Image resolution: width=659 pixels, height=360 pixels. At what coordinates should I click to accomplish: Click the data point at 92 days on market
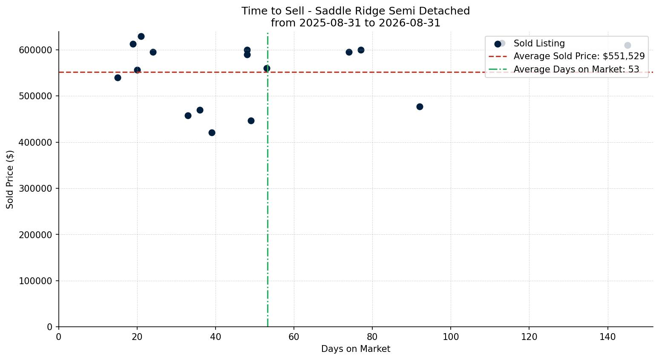click(x=420, y=107)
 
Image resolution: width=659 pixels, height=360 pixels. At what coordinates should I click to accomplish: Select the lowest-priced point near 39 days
click(x=212, y=132)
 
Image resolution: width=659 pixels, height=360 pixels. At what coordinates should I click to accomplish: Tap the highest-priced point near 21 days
click(x=141, y=37)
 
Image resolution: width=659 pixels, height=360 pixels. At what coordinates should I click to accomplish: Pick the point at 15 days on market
click(x=118, y=78)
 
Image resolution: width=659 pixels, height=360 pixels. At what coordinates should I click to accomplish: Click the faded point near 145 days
click(x=627, y=45)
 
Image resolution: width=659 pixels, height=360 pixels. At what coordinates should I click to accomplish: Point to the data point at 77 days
click(x=361, y=50)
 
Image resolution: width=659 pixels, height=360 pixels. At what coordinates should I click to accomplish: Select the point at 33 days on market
click(x=188, y=115)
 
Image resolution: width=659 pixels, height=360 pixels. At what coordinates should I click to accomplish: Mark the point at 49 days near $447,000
click(x=251, y=121)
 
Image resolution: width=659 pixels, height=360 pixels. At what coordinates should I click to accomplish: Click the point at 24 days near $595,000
click(x=153, y=52)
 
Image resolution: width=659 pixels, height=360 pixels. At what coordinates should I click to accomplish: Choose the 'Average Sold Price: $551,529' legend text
click(x=579, y=56)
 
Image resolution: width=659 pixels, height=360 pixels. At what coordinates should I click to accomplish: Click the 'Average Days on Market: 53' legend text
click(x=576, y=69)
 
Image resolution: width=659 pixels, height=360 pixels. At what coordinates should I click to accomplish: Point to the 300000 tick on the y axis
click(x=35, y=189)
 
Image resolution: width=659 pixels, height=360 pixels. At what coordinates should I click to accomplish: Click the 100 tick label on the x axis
click(x=451, y=337)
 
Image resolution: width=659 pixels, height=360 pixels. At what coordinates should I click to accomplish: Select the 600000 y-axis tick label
click(x=35, y=50)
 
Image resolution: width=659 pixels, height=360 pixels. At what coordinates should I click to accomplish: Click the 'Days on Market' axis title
click(x=356, y=349)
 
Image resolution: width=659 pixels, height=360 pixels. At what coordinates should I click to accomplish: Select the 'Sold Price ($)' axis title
click(x=10, y=179)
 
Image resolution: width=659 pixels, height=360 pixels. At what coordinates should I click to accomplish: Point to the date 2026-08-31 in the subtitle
click(x=409, y=23)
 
